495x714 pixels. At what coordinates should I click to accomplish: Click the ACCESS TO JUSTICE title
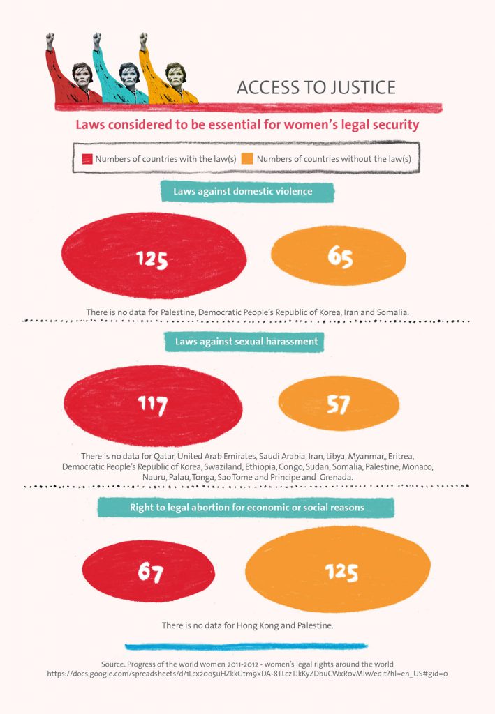[x=316, y=87]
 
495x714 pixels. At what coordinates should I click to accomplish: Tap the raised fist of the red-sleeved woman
[x=50, y=40]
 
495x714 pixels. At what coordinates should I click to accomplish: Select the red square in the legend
[x=87, y=159]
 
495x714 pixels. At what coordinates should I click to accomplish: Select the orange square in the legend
[x=247, y=159]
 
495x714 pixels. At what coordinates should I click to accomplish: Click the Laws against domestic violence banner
[x=247, y=191]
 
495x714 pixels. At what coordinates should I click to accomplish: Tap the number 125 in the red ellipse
[x=152, y=259]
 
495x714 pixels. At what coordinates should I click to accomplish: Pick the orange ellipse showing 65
[x=338, y=256]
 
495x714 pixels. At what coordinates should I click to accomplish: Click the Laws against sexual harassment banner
[x=247, y=342]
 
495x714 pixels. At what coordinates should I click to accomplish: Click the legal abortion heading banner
[x=247, y=508]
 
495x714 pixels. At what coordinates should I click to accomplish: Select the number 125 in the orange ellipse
[x=341, y=572]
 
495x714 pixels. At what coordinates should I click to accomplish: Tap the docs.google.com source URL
[x=247, y=674]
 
